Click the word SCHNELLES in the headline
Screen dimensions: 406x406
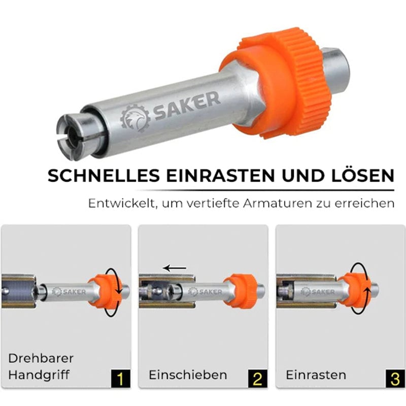pos(104,176)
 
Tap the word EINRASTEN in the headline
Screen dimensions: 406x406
pos(220,176)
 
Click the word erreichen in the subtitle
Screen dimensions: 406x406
pos(364,204)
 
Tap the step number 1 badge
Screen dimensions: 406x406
pos(121,379)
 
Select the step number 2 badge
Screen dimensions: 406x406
pos(258,379)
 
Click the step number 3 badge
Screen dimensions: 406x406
pos(395,379)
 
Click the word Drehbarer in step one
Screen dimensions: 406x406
pos(41,358)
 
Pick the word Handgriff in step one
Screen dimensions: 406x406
pos(39,375)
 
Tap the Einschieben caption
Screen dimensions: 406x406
pos(188,375)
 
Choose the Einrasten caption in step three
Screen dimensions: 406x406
pos(316,375)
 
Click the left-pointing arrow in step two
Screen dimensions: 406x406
pos(175,268)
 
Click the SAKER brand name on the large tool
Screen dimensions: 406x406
pos(186,106)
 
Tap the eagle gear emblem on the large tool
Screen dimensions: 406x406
pos(135,118)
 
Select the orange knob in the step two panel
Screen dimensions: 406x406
pos(241,291)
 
